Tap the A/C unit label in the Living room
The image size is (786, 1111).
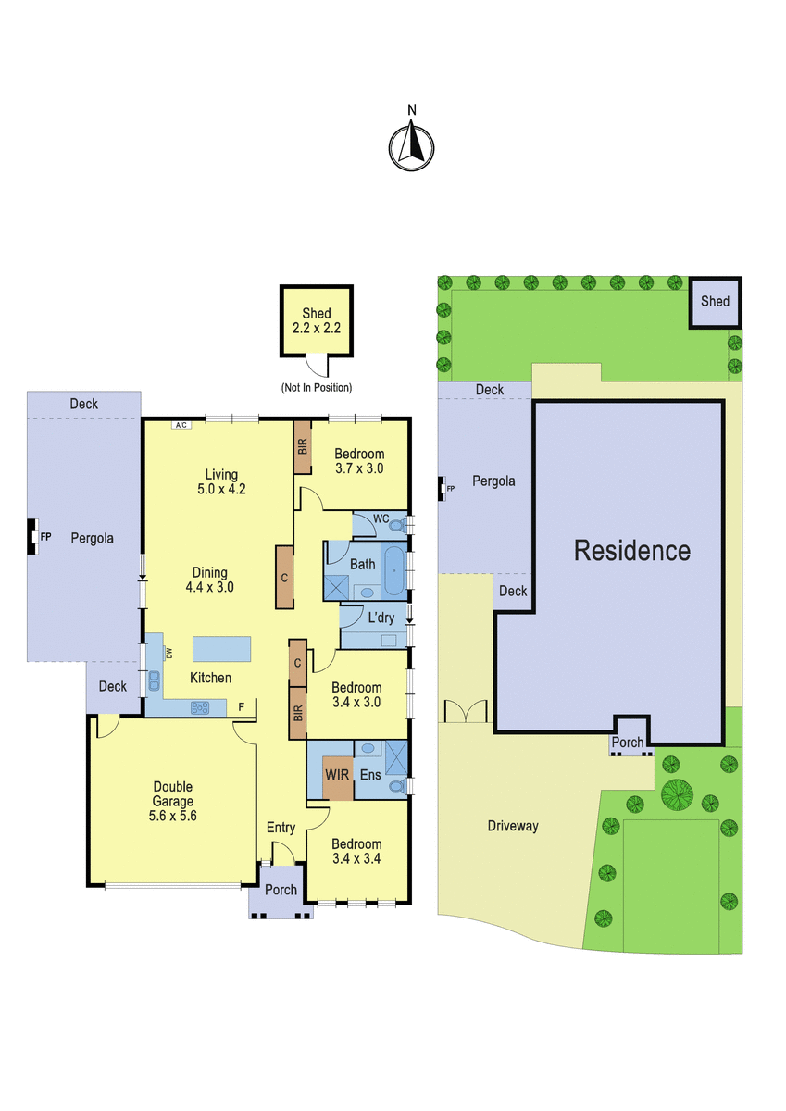(181, 425)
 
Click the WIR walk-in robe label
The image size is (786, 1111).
(337, 774)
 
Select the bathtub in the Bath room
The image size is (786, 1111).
(394, 570)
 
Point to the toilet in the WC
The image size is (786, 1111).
(398, 525)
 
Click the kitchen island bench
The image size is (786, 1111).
(221, 649)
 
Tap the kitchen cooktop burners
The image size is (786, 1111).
(200, 707)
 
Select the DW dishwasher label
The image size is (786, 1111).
(169, 654)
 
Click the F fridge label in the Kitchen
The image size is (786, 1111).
(242, 706)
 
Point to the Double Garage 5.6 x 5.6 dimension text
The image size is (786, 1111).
(172, 816)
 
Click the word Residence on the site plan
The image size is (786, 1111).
(632, 551)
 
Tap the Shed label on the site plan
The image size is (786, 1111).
(715, 301)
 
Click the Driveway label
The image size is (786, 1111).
(513, 826)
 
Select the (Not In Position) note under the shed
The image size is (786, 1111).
(317, 387)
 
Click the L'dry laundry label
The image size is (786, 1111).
(381, 618)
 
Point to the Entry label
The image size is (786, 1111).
(281, 828)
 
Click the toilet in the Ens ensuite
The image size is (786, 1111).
(398, 786)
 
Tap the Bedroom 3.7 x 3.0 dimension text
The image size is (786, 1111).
(359, 468)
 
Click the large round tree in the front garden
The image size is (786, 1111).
(677, 794)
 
